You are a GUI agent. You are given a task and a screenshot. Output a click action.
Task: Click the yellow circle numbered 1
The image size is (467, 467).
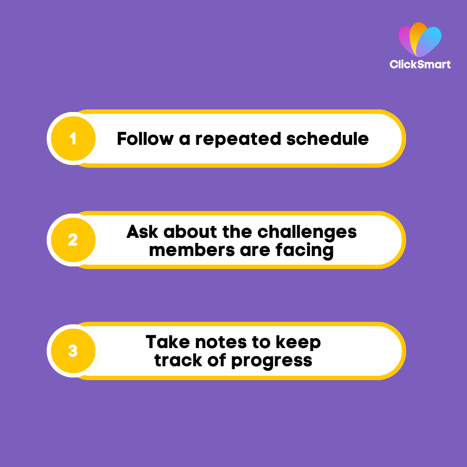[73, 138]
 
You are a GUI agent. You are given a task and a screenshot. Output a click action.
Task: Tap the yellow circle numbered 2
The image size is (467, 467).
[73, 240]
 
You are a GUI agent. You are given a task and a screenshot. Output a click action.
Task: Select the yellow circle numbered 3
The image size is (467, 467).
[73, 351]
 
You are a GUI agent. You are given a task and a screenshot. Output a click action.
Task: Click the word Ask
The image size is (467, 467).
[142, 232]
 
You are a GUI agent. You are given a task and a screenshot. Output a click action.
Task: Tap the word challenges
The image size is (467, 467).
[307, 232]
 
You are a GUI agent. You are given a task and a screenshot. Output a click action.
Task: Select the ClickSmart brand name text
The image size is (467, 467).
[420, 64]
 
